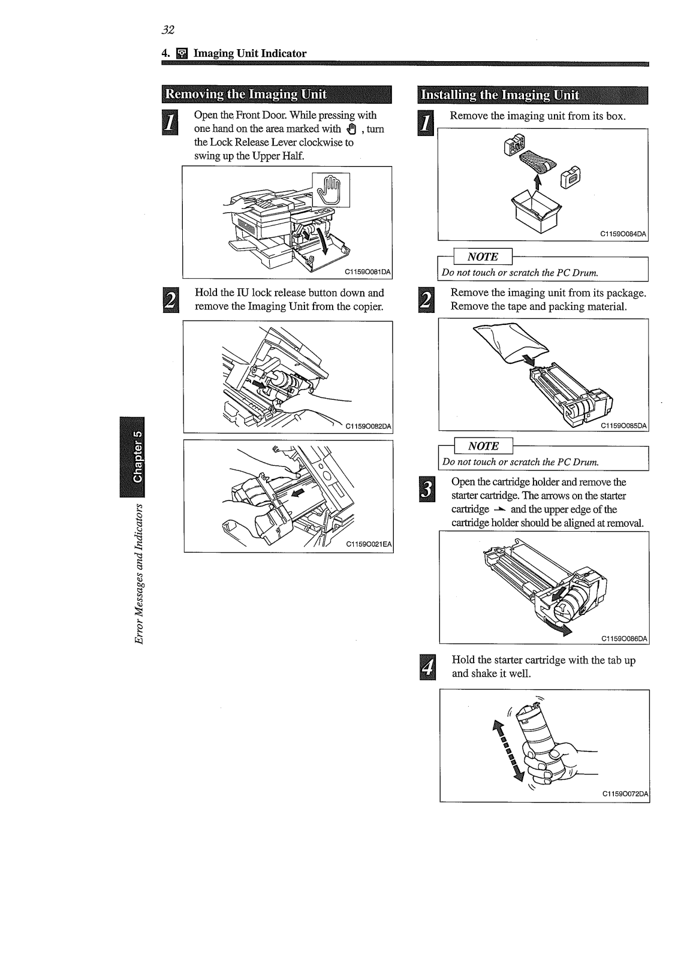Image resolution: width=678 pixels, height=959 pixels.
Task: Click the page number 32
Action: click(x=167, y=30)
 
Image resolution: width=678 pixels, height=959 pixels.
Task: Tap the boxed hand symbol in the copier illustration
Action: click(x=331, y=189)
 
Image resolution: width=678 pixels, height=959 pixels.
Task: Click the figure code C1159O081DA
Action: click(x=367, y=272)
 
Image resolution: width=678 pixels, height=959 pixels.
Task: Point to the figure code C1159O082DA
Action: click(x=367, y=426)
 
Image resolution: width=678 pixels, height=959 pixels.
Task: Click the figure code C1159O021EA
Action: click(x=369, y=544)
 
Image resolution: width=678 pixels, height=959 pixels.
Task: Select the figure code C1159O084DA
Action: click(x=624, y=234)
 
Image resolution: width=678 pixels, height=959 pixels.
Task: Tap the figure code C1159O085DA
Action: click(x=624, y=425)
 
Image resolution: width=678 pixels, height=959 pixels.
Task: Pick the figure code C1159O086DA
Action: click(x=624, y=638)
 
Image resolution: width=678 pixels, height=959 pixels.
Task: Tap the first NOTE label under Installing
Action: click(x=483, y=257)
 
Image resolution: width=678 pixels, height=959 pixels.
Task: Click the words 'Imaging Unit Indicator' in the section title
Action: click(x=249, y=53)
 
